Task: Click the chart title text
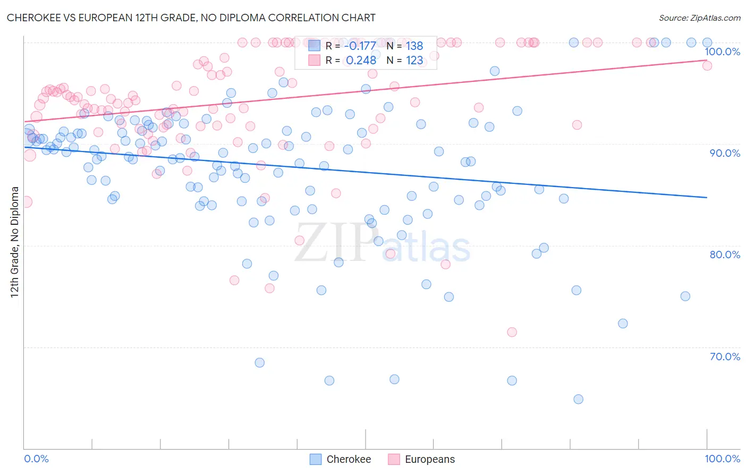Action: tap(191, 18)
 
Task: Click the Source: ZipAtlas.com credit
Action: tap(699, 18)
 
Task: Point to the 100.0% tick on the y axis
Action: tap(722, 52)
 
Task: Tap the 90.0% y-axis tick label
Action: tap(725, 153)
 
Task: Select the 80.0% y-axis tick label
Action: tap(725, 255)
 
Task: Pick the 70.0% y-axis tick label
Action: tap(725, 357)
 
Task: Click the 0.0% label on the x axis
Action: tap(37, 459)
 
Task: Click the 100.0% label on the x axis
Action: tap(722, 459)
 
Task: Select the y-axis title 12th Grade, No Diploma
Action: tap(15, 242)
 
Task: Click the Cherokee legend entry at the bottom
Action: tap(348, 459)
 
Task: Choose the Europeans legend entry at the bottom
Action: tap(429, 459)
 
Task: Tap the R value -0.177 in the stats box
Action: tap(360, 46)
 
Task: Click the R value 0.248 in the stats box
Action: tap(361, 60)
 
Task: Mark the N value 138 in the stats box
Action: tap(414, 46)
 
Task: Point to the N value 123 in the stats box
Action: tap(414, 60)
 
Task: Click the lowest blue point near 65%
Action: tap(578, 399)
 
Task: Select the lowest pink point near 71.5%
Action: tap(512, 332)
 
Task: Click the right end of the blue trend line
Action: tap(707, 198)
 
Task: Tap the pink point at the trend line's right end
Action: tap(707, 65)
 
